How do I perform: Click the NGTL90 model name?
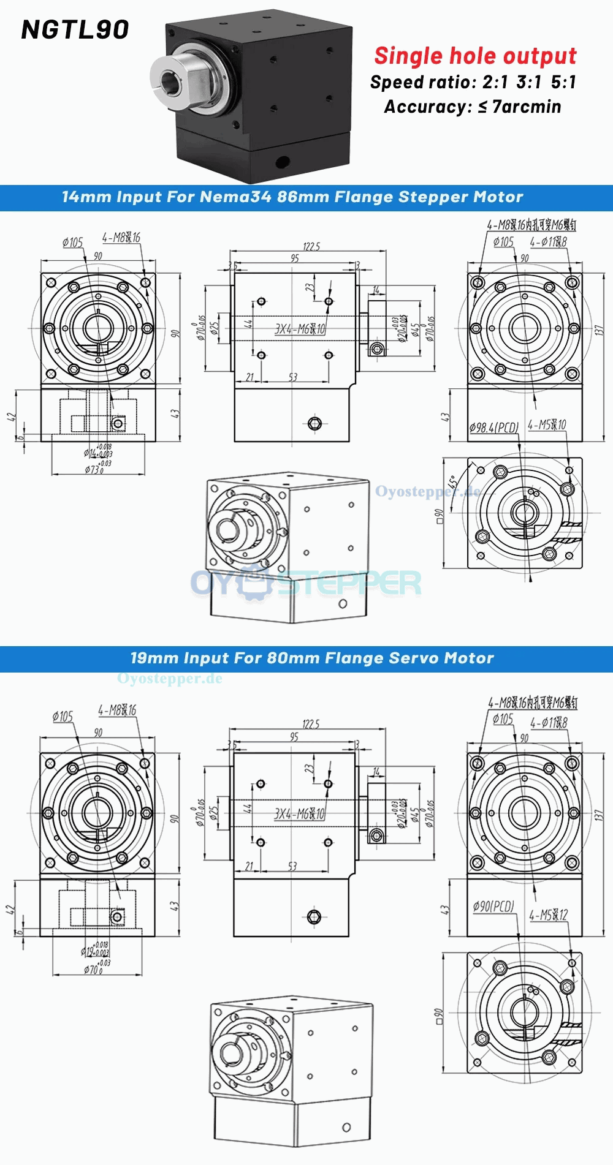click(75, 29)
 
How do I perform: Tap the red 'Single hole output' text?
click(475, 56)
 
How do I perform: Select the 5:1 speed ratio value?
click(563, 82)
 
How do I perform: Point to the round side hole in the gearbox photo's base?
click(283, 162)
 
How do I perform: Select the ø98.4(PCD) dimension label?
click(494, 427)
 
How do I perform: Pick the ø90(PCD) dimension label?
click(493, 906)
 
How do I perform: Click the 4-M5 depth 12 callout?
click(549, 915)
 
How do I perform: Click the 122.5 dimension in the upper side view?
click(311, 246)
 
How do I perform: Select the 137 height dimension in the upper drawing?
click(599, 330)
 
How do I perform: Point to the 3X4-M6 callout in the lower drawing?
click(299, 813)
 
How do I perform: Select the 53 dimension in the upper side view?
click(292, 377)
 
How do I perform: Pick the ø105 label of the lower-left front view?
click(63, 716)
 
